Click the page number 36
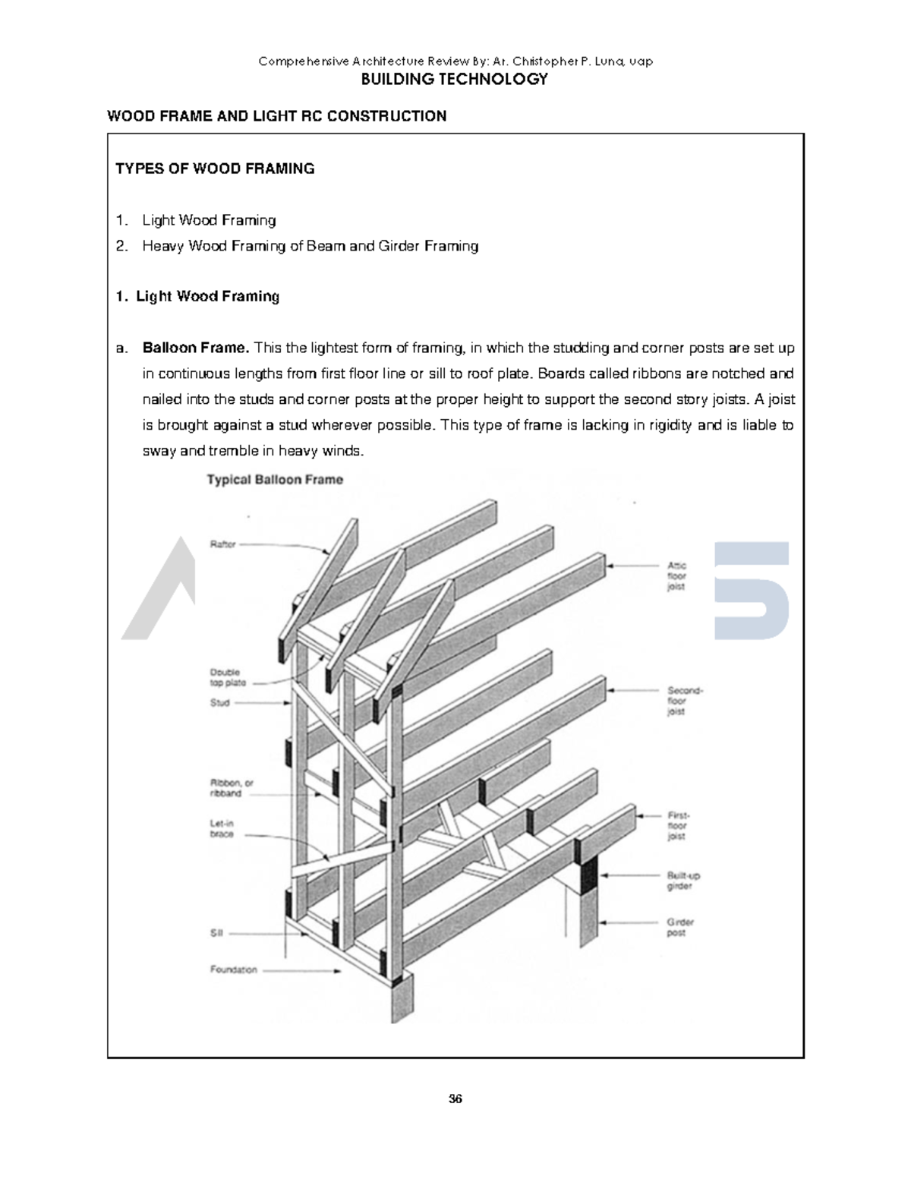pos(455,1099)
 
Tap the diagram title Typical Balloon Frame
pos(275,480)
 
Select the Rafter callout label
pos(222,544)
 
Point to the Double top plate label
pos(227,677)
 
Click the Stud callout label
pos(219,703)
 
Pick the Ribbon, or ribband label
pos(231,788)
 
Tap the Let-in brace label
pos(222,828)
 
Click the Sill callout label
pos(216,934)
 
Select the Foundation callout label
pos(233,969)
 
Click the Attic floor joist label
pos(676,576)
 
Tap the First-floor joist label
pos(677,825)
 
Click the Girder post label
pos(680,928)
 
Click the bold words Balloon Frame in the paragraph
pos(196,348)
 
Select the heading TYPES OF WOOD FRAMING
pos(215,169)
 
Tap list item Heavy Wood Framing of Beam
pos(310,246)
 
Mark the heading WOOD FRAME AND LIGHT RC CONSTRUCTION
pos(276,116)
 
